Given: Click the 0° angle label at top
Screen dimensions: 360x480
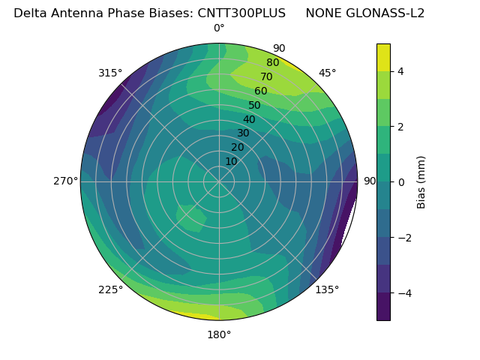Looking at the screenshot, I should pos(219,28).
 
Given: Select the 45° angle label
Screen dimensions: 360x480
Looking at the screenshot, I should pos(327,73).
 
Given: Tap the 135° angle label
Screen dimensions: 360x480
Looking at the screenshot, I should pos(327,289).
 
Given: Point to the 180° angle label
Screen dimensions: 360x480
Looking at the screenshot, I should pos(219,334).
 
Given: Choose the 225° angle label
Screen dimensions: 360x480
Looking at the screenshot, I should pos(110,289).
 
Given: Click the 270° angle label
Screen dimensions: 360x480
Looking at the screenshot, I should pos(65,181).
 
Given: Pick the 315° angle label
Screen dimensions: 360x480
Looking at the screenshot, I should pos(110,73).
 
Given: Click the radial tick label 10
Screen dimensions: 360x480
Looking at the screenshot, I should pos(231,161).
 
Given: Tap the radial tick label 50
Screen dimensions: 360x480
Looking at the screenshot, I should pos(255,106).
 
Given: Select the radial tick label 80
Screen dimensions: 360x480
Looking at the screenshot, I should pos(273,63).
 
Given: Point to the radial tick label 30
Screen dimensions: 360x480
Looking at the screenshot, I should pos(243,133).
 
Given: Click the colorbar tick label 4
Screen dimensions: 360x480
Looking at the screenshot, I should pos(401,71).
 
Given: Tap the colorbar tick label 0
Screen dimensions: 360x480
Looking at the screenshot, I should pos(401,181).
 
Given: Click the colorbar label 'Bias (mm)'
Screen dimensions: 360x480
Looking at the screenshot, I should pos(421,181).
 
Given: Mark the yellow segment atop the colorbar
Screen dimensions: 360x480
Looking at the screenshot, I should pos(383,57).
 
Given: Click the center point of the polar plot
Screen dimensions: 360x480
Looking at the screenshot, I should pos(219,181).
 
